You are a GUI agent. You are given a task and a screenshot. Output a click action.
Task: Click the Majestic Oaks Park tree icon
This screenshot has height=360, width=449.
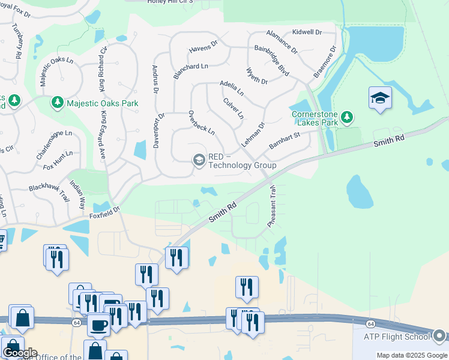pos(58,103)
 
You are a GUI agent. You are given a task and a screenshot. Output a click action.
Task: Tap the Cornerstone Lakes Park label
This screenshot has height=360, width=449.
pos(315,118)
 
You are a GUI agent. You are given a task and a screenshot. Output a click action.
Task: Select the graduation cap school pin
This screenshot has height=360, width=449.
pos(380,98)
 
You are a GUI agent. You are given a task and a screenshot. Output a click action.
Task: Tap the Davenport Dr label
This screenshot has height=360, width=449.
pos(159,131)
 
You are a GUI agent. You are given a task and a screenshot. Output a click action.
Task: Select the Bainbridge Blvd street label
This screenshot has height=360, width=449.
pos(272,60)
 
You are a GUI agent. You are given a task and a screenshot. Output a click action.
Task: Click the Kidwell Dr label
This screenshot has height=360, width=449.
pos(307,31)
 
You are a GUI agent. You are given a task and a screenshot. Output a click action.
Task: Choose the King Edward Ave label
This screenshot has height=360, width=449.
pos(103,134)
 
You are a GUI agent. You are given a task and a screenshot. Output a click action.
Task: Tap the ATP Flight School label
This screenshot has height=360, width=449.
pos(396,336)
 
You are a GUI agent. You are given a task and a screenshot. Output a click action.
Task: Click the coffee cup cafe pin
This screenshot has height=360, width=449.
pos(99,325)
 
